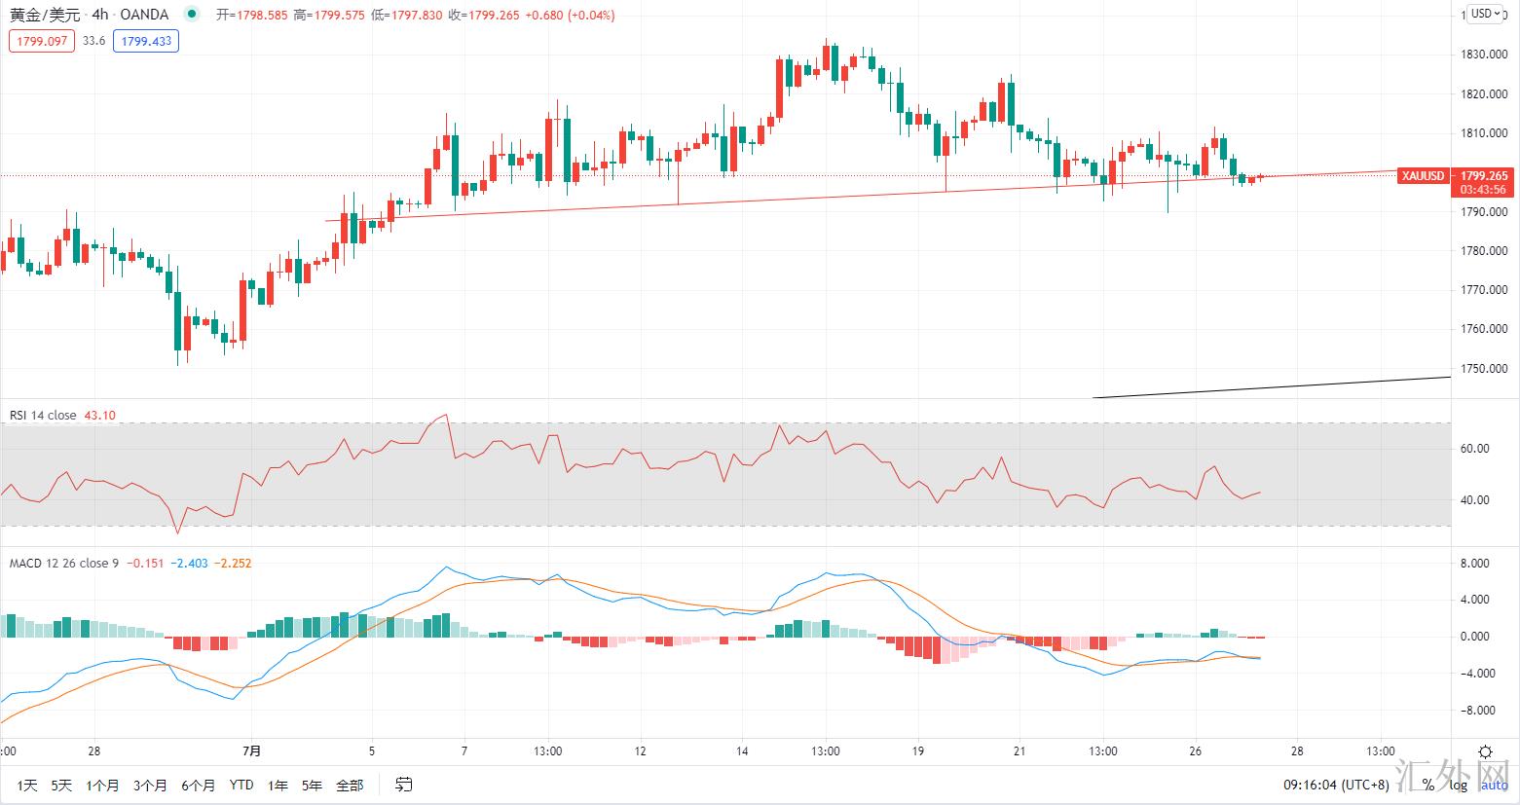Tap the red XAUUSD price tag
pos(1422,176)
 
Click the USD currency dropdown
pos(1485,14)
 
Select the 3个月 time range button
pos(150,786)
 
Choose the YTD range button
pos(241,786)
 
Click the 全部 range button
pos(349,786)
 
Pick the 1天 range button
pos(27,786)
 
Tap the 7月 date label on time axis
pos(252,750)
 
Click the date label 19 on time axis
pos(917,750)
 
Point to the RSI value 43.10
pos(99,416)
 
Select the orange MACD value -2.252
pos(234,564)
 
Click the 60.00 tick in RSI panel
pos(1475,449)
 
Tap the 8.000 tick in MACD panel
pos(1475,564)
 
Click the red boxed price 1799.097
pos(41,41)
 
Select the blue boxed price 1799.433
pos(146,41)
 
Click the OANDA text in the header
pos(144,15)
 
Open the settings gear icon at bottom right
pos(1486,751)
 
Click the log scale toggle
pos(1458,785)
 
